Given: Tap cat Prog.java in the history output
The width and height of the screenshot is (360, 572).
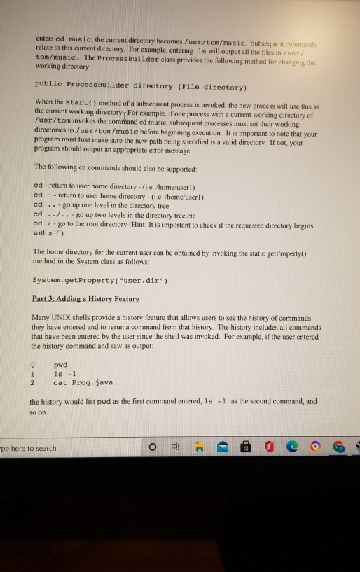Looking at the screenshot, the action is (x=83, y=383).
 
